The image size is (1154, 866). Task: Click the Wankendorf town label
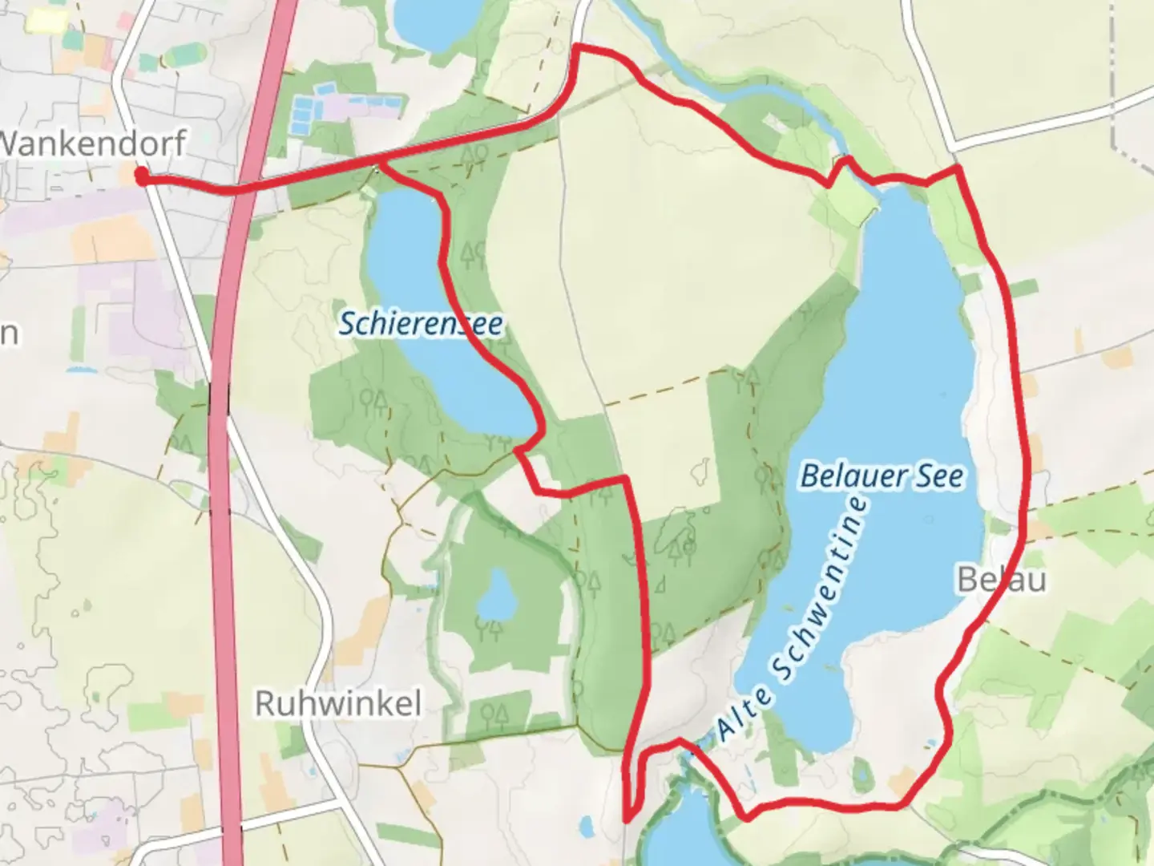coord(93,144)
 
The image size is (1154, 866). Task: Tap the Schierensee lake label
coord(421,324)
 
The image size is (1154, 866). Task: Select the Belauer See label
coord(882,476)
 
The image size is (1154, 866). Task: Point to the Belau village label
coord(1002,579)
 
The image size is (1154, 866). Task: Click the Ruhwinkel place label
coord(337,704)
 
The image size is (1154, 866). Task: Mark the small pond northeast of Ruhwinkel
coord(495,596)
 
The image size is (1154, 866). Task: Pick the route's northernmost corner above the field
coord(579,49)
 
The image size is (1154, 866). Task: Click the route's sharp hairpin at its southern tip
coord(627,818)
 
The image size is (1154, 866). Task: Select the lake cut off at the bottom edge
coord(681,834)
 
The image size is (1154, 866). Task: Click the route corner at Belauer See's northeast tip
coord(957,169)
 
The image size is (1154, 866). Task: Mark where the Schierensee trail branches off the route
coord(378,164)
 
